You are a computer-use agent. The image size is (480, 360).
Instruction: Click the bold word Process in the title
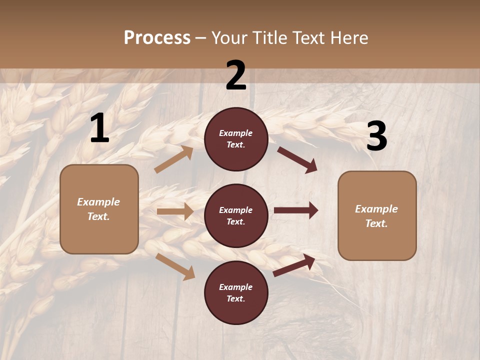tap(157, 38)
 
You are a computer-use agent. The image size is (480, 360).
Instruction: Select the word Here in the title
tap(347, 38)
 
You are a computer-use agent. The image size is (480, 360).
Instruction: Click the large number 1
tap(99, 128)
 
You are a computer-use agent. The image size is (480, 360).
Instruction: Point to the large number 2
tap(236, 75)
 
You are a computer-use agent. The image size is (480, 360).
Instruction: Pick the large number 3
tap(376, 136)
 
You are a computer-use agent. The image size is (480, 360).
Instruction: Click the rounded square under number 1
tap(99, 209)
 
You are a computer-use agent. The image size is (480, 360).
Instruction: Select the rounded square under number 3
tap(377, 216)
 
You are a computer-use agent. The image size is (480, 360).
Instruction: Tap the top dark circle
tap(236, 139)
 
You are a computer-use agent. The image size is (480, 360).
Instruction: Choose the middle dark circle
tap(236, 215)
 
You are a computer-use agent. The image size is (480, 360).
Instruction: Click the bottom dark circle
tap(236, 292)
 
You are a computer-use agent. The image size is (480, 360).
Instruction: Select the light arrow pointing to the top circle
tap(174, 159)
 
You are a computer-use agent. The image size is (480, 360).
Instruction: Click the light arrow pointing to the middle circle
tap(175, 211)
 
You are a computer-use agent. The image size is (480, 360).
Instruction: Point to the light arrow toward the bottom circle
tap(175, 266)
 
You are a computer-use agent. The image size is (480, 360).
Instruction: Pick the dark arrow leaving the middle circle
tap(296, 210)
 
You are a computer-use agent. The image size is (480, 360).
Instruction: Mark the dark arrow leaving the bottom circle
tap(294, 265)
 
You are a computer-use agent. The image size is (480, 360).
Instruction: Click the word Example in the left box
tap(98, 202)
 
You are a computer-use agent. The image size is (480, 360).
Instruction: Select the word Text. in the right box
tap(376, 223)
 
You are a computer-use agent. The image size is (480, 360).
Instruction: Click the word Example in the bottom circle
tap(236, 287)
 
